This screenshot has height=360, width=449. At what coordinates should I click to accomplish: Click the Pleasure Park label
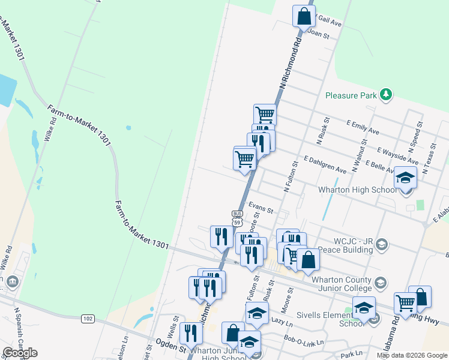pyautogui.click(x=351, y=95)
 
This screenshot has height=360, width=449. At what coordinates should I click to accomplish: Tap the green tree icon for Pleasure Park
pyautogui.click(x=386, y=95)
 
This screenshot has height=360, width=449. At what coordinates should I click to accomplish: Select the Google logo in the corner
pyautogui.click(x=20, y=353)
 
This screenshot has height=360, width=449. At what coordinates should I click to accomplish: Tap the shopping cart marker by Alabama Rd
pyautogui.click(x=406, y=304)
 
